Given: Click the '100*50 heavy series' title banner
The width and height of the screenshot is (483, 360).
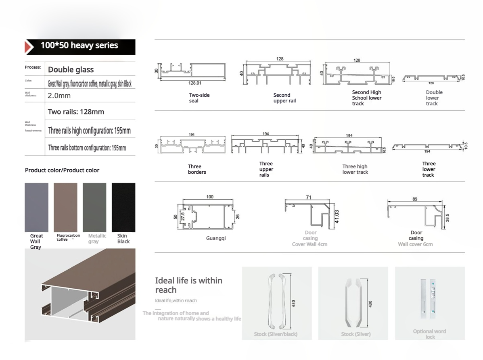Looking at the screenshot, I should click(79, 46).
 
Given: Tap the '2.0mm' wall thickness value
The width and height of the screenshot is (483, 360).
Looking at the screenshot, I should click(59, 96).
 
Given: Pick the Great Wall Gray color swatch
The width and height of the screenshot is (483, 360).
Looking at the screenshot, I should click(36, 207).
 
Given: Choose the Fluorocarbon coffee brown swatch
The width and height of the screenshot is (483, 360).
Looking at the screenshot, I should click(65, 207).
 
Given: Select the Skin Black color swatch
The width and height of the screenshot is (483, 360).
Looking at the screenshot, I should click(123, 207).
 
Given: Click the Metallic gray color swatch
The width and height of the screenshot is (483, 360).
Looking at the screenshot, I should click(94, 207).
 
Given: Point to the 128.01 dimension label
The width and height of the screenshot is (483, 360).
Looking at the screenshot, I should click(194, 83).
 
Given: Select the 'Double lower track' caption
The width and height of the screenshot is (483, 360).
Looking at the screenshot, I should click(432, 98).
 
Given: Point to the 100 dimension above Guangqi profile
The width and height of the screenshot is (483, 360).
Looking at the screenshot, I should click(210, 197).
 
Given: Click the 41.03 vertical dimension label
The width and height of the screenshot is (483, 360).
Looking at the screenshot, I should click(337, 216).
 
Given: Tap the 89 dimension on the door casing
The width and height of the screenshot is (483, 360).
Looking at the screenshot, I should click(415, 199).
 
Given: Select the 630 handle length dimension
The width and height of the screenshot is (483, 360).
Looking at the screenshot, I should click(294, 303).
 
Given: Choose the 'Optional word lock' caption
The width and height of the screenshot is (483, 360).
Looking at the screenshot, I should click(429, 334).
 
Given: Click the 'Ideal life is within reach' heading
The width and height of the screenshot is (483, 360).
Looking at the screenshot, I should click(188, 285).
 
